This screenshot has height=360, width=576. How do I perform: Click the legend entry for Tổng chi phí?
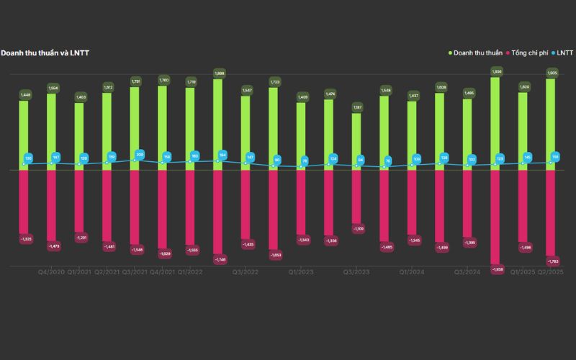[532, 53]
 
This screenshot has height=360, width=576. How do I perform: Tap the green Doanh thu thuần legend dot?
[451, 53]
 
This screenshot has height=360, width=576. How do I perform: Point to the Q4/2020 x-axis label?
[51, 272]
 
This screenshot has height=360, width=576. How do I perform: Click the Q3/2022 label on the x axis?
[246, 272]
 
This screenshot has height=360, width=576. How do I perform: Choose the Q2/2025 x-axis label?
[551, 272]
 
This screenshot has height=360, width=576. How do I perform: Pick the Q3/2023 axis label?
[356, 272]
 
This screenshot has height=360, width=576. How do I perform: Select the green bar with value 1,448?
[24, 133]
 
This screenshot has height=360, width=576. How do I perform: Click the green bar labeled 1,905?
[551, 122]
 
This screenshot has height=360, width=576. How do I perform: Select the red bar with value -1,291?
[79, 202]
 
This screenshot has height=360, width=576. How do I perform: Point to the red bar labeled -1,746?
[217, 212]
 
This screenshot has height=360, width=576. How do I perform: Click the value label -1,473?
[52, 246]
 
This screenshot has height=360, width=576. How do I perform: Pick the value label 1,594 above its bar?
[52, 89]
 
